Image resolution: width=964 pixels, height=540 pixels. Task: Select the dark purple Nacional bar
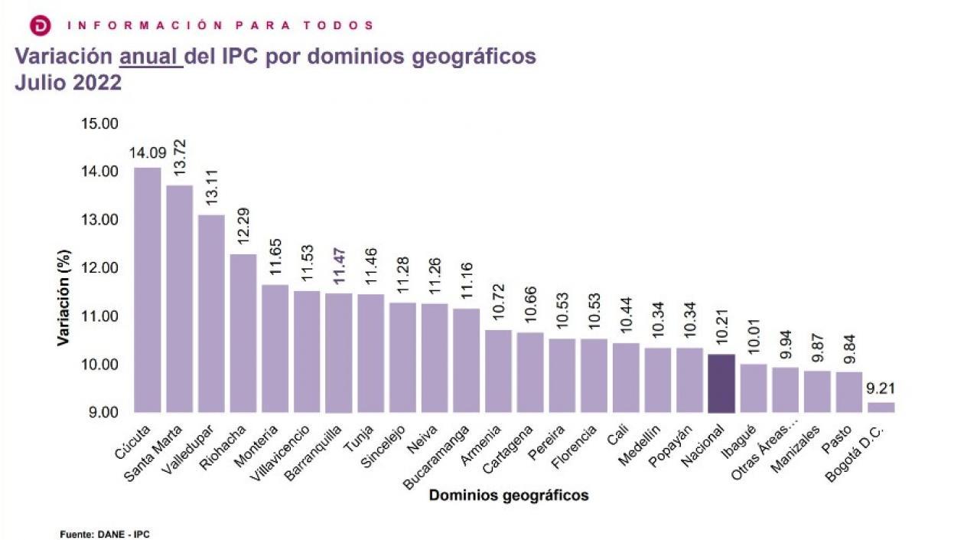[x=721, y=383]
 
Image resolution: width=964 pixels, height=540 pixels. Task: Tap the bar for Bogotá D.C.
[x=881, y=407]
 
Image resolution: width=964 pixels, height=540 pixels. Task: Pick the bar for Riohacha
[x=243, y=333]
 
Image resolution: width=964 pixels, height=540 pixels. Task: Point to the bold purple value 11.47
[x=339, y=267]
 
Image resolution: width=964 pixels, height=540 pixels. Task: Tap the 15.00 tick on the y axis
[x=99, y=123]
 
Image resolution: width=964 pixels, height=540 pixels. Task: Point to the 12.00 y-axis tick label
[x=99, y=268]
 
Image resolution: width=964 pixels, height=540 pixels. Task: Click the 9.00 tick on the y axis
[x=99, y=413]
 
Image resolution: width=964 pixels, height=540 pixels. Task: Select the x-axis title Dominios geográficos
[x=509, y=496]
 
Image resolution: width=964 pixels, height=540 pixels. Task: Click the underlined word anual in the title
[x=151, y=57]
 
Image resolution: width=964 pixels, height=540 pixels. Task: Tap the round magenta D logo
[x=41, y=26]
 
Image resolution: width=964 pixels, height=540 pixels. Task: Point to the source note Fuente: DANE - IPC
[x=104, y=534]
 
